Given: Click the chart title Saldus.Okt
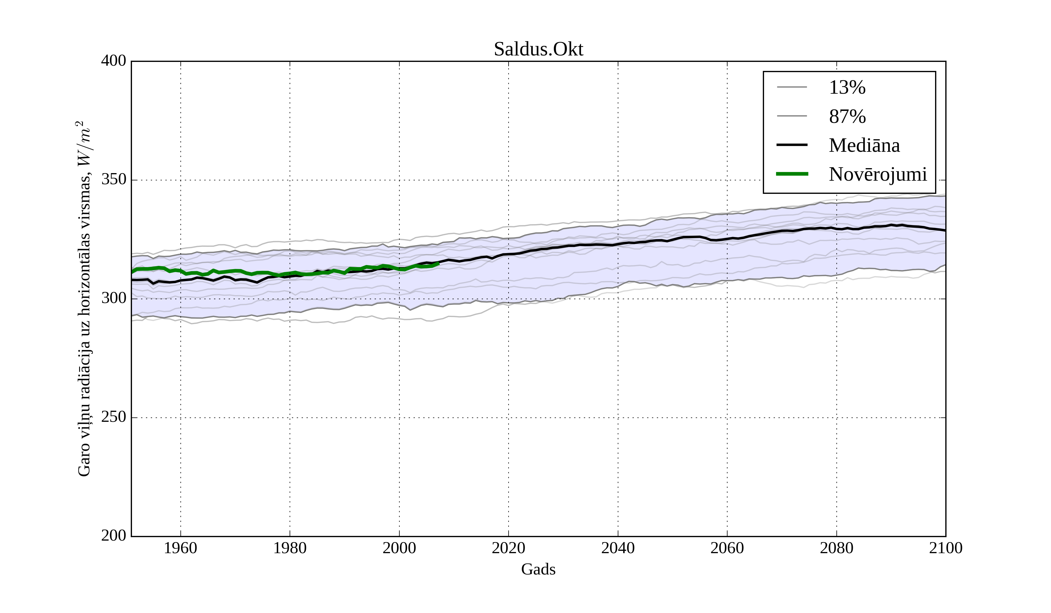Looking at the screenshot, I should click(x=538, y=50).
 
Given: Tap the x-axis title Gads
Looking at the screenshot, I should click(x=538, y=569).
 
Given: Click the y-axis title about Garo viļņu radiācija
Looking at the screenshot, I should click(x=84, y=299).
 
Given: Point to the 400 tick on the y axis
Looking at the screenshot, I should click(x=114, y=61).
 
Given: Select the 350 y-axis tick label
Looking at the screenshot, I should click(x=114, y=180).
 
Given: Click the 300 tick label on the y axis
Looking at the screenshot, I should click(x=114, y=299).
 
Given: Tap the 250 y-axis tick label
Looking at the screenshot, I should click(x=114, y=417).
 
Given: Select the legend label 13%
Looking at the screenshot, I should click(x=847, y=88).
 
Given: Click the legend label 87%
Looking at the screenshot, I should click(x=847, y=116).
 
